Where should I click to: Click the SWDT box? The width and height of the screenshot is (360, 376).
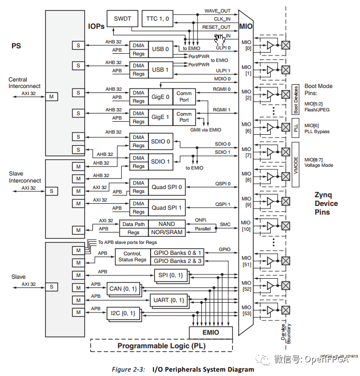click(x=122, y=19)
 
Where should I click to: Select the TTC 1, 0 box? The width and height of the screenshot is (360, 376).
click(x=159, y=19)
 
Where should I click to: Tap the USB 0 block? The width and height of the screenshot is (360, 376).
click(x=160, y=49)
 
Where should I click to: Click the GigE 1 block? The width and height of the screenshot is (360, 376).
click(x=160, y=117)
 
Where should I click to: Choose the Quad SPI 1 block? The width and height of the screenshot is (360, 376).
click(x=166, y=207)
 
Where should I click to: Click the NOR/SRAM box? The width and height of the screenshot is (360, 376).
click(x=167, y=232)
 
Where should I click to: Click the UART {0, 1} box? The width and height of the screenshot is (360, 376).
click(x=169, y=300)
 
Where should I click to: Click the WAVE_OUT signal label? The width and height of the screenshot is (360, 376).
click(x=217, y=10)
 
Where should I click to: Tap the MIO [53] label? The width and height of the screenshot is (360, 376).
click(x=247, y=310)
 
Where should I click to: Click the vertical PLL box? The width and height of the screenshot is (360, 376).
click(x=296, y=128)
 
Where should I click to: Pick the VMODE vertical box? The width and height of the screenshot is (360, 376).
click(x=296, y=165)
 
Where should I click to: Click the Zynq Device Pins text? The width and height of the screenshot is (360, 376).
click(x=326, y=204)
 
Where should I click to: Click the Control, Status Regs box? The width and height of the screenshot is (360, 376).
click(x=133, y=256)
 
